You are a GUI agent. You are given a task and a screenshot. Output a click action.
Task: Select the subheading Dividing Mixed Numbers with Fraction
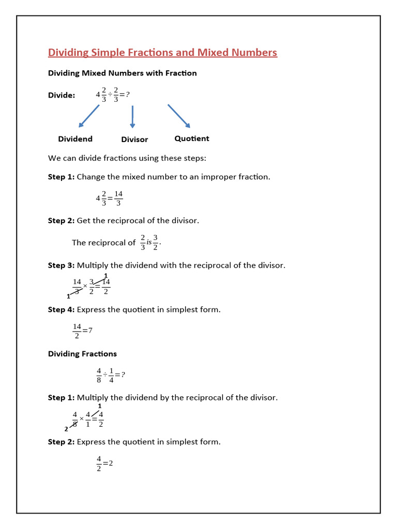click(123, 73)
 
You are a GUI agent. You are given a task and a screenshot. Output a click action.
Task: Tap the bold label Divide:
click(62, 96)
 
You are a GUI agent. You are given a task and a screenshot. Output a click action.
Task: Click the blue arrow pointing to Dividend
click(88, 116)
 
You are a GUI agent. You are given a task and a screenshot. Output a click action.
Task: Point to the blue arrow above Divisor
click(133, 117)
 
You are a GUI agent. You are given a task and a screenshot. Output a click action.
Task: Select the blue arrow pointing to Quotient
click(179, 116)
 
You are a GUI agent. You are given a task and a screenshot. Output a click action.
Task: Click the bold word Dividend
click(75, 139)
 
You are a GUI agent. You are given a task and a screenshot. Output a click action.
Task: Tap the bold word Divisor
click(134, 139)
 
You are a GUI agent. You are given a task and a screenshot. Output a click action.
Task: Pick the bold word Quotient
click(192, 138)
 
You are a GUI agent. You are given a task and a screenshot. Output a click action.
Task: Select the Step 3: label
click(61, 266)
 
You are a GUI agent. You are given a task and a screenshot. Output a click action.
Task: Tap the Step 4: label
click(61, 310)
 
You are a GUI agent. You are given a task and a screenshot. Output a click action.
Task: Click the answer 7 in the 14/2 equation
click(90, 331)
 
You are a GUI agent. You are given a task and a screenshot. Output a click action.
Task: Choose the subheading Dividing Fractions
click(82, 354)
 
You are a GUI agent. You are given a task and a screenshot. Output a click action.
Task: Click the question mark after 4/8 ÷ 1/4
click(123, 375)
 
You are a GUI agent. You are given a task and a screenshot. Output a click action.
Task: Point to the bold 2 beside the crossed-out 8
click(66, 429)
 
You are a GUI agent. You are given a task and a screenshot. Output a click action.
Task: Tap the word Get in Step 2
click(84, 221)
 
